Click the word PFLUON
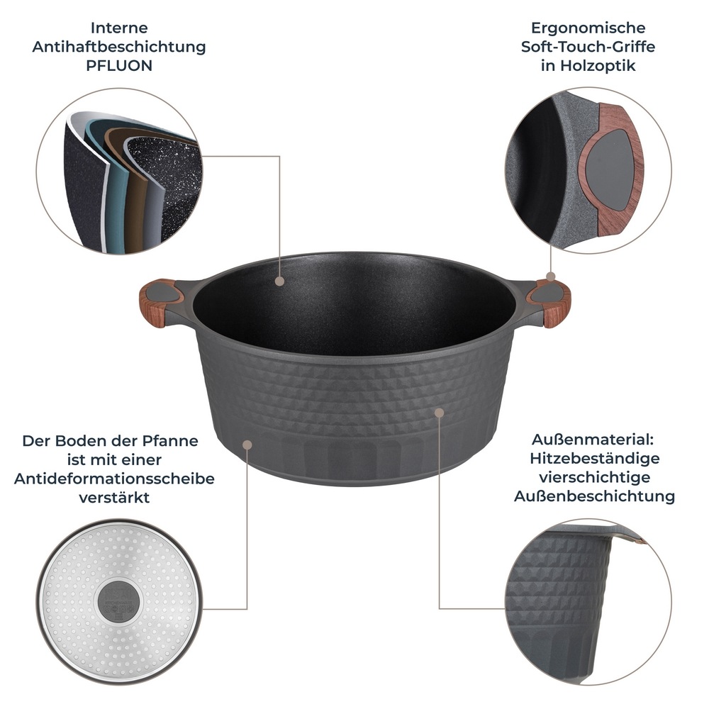(119, 66)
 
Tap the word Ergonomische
(588, 28)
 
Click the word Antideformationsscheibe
(114, 479)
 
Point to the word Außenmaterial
(594, 440)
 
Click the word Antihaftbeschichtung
(119, 48)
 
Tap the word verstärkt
(114, 498)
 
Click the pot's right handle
(552, 301)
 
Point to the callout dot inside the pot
(279, 281)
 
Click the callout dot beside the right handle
(550, 277)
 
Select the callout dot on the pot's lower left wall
(247, 445)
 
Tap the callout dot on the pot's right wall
(440, 412)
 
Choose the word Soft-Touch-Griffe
(588, 48)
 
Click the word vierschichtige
(594, 477)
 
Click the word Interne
(119, 28)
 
